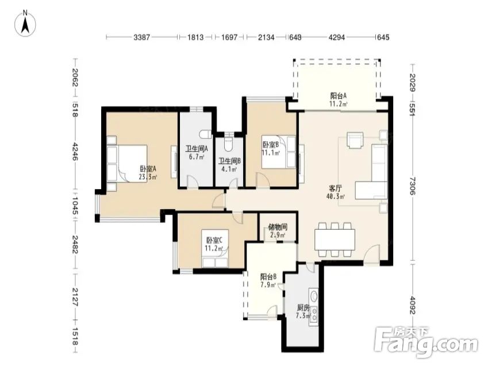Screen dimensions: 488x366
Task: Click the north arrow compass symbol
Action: (x=25, y=24)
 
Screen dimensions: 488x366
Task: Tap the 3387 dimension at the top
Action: (x=141, y=37)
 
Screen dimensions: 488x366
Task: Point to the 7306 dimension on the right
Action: (x=412, y=186)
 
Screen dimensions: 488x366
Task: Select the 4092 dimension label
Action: (x=412, y=305)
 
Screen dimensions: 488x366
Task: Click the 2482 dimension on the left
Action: (x=75, y=244)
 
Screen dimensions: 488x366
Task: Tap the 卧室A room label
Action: (x=148, y=169)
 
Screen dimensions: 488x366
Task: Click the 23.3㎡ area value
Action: (x=148, y=178)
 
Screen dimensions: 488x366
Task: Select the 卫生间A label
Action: (x=197, y=148)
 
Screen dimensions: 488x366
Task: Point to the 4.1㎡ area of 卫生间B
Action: (x=229, y=169)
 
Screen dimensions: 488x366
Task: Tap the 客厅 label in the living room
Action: (x=336, y=188)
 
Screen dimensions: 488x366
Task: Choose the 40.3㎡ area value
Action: (x=336, y=197)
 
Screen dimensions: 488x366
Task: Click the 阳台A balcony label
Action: (x=339, y=96)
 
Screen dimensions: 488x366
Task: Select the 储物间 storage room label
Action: (x=278, y=228)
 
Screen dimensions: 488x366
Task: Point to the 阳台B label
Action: (x=268, y=276)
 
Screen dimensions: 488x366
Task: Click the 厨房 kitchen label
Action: (x=303, y=308)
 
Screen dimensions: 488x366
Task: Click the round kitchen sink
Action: (x=314, y=295)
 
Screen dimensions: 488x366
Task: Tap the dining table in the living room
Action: (x=335, y=240)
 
